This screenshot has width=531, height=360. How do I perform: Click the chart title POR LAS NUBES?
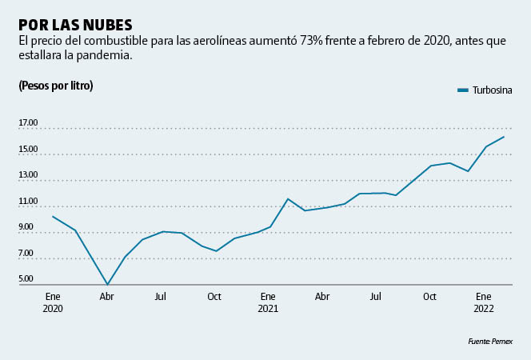coord(75,24)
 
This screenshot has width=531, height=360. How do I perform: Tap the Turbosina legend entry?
coord(485,90)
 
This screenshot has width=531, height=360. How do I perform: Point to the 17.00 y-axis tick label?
coord(29,123)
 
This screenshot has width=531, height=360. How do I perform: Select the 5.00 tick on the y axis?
coord(26,279)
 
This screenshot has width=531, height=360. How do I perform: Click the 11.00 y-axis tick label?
coord(29,201)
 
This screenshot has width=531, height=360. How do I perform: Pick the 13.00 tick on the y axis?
coord(29,175)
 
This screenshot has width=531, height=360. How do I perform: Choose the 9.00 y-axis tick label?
coord(26,227)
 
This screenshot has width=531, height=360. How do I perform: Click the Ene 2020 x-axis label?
coord(53,302)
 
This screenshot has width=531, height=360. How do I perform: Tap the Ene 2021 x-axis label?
coord(268,302)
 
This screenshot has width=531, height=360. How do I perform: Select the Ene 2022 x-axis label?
coord(484,302)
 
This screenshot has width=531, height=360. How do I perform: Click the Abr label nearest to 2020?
coord(106,296)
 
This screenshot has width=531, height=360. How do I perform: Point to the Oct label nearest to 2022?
coord(430,296)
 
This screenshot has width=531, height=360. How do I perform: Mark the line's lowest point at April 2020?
coord(107,284)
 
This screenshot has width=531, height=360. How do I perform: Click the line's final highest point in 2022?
coord(504,137)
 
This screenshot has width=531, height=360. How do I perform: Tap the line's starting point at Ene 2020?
coord(53,217)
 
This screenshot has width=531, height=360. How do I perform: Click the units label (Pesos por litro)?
coord(55,86)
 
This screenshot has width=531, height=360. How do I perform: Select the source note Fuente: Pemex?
coord(489,342)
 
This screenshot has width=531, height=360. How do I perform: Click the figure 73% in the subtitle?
coord(313,41)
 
